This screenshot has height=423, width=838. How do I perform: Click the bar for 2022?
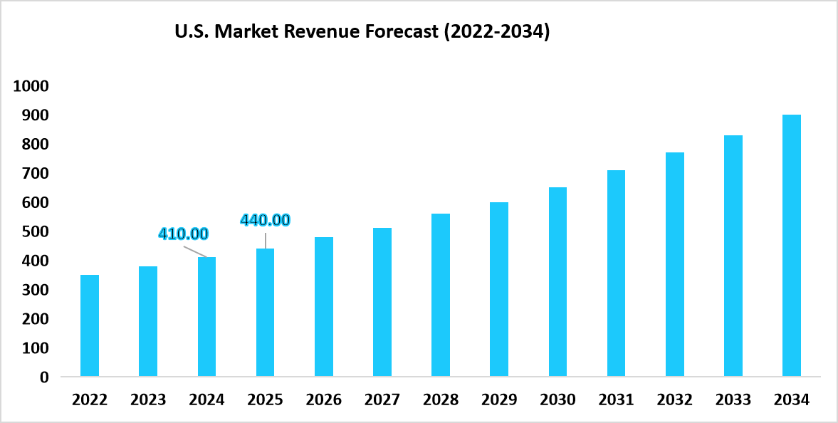click(x=90, y=325)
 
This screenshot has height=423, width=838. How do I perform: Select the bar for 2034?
click(x=791, y=246)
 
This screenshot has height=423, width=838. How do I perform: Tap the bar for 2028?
click(x=441, y=295)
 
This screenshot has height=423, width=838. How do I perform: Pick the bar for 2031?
click(x=616, y=273)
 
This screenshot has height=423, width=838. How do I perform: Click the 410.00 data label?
click(x=183, y=234)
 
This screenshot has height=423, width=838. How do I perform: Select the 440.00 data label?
click(x=265, y=220)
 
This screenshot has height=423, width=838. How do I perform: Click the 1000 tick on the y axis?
click(x=31, y=86)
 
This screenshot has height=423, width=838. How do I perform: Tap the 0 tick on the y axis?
click(x=44, y=377)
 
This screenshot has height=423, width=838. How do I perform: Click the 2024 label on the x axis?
click(x=206, y=400)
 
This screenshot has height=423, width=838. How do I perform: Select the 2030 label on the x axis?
click(x=557, y=400)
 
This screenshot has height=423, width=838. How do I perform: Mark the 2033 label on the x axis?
click(x=733, y=400)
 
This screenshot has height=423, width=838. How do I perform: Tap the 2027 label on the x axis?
click(x=382, y=400)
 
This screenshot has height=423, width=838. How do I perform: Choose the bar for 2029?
click(x=499, y=289)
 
